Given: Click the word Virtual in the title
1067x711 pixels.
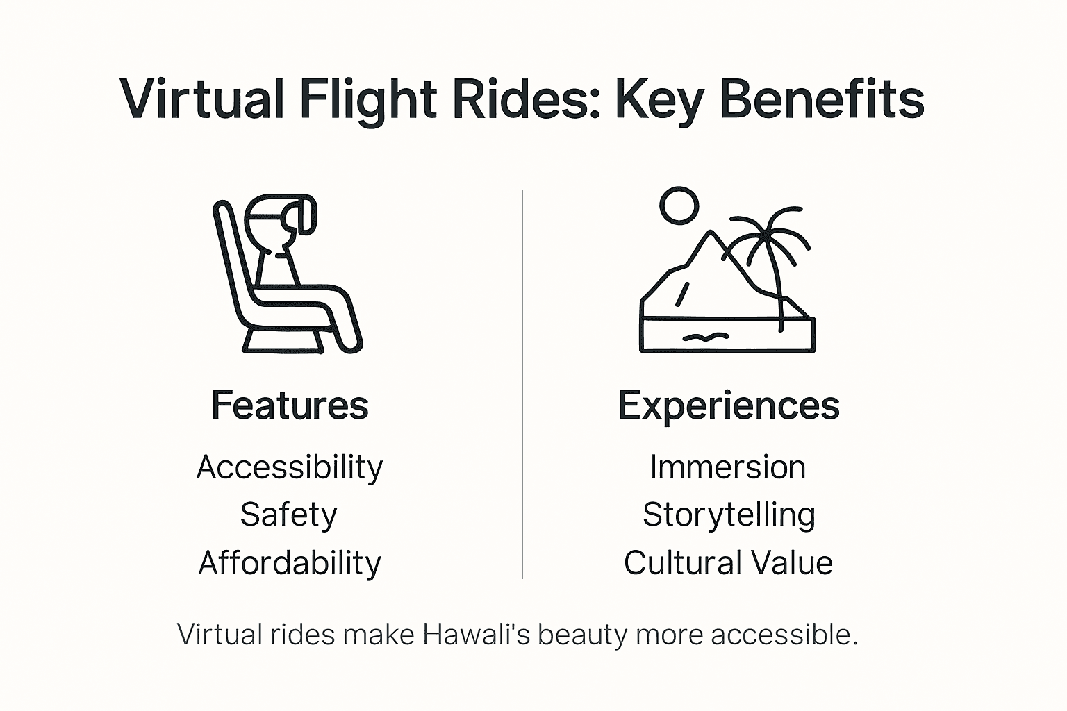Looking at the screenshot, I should pos(202,99).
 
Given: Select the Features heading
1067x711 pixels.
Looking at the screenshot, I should pos(290,405).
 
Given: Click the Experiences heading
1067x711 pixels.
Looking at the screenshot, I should pos(729,405).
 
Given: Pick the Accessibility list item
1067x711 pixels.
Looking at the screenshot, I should pos(290,467).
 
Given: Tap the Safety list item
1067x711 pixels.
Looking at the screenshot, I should pos(289,515).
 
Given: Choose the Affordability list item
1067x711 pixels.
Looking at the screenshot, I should pos(290,563).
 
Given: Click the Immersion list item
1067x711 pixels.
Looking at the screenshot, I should pos(728,467).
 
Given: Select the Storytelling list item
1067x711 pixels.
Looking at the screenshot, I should pos(729,515).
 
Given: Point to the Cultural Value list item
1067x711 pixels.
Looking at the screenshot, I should pos(728,563).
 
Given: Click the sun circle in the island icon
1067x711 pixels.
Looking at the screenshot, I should pos(679,206).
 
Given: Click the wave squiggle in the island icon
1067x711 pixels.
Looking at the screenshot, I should pos(705,337).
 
